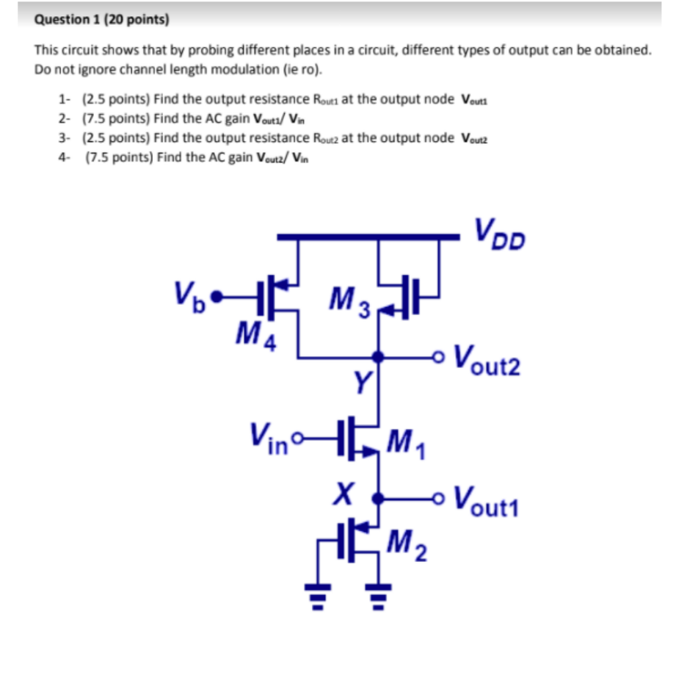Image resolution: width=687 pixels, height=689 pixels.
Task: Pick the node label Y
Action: pos(361,380)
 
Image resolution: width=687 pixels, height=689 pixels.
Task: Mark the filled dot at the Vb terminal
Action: pos(216,297)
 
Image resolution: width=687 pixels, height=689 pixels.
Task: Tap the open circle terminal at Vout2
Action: pos(439,357)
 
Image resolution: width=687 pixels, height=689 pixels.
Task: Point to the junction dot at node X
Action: pos(378,498)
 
